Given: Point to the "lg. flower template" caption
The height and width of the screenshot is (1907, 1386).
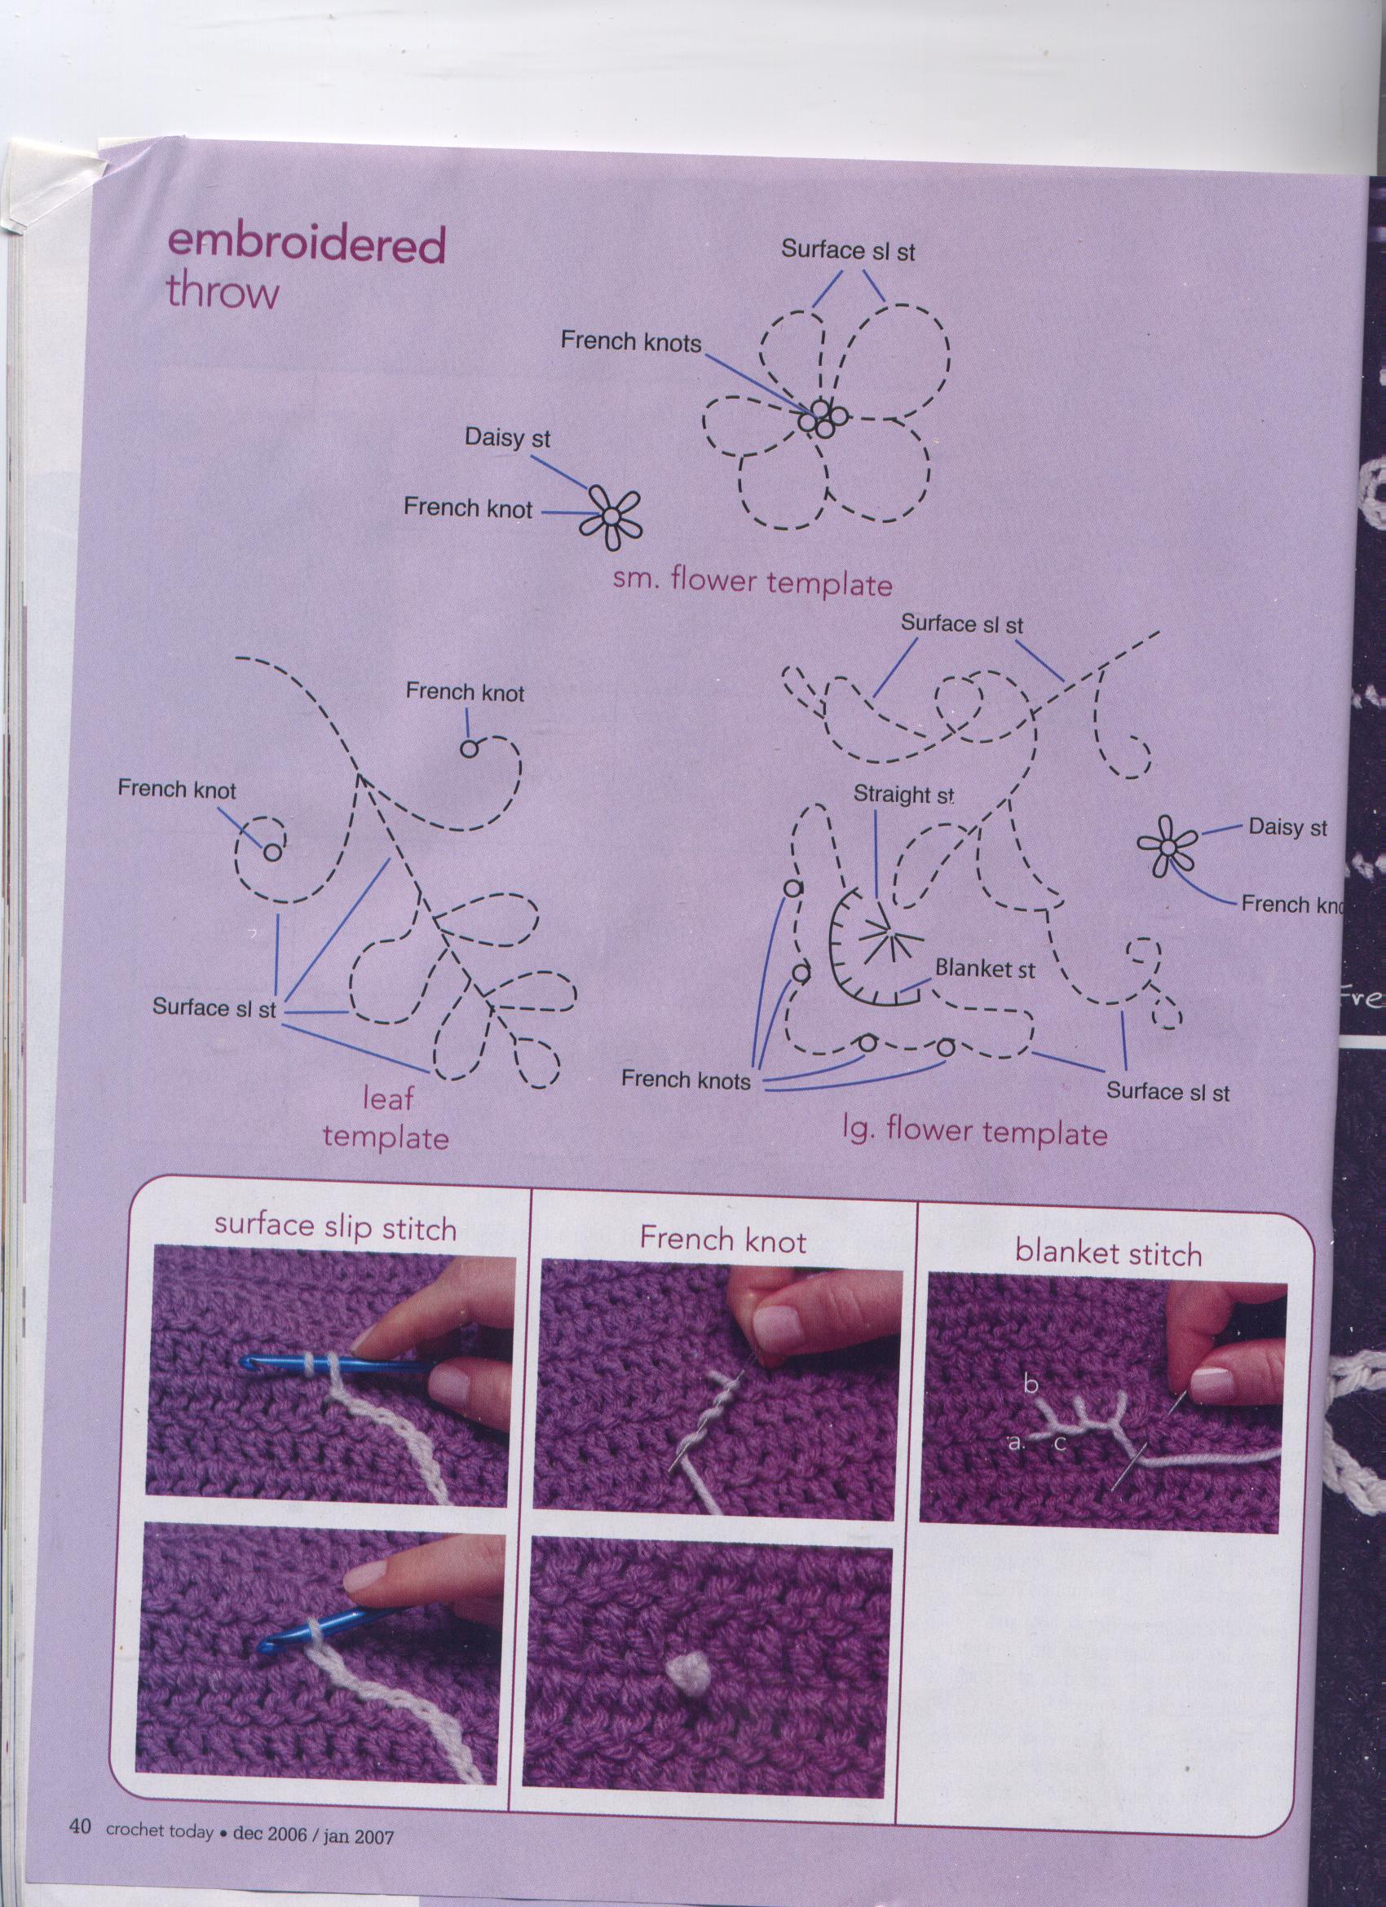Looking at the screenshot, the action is click(975, 1132).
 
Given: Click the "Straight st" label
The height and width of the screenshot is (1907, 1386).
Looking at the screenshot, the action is click(904, 795).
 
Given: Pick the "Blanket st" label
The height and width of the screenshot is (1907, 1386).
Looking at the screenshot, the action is click(985, 969).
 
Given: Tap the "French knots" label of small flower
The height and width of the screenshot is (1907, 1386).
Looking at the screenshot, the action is click(631, 341).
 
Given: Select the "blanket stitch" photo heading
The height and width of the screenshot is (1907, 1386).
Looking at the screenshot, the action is click(1109, 1253).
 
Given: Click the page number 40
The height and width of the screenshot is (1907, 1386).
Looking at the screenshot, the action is click(80, 1845).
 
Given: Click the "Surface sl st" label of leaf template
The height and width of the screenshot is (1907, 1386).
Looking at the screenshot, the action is click(214, 1008).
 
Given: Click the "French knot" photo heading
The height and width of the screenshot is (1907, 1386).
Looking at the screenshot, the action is click(722, 1240).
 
